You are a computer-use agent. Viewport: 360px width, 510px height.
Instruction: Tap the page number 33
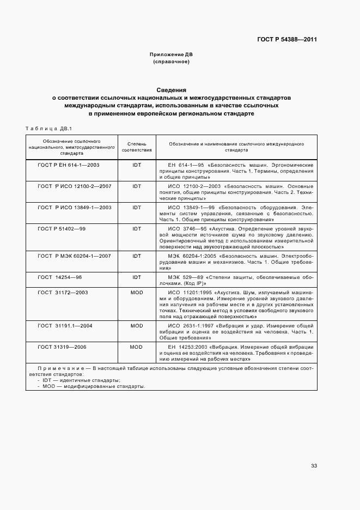pos(314,465)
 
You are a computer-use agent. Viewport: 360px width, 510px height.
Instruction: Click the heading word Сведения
pos(172,90)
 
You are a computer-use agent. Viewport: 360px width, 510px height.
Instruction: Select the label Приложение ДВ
pos(172,55)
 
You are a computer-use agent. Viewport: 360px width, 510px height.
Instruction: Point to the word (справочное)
pos(172,62)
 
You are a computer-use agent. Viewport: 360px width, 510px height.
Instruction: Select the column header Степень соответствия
pos(137,147)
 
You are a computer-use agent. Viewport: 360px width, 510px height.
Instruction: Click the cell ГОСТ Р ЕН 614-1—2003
pos(69,164)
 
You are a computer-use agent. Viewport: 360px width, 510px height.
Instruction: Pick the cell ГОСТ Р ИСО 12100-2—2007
pos(75,186)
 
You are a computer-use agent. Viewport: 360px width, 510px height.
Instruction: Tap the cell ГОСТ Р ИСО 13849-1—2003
pos(75,208)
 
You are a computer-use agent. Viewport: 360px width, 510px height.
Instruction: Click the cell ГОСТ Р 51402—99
pos(62,229)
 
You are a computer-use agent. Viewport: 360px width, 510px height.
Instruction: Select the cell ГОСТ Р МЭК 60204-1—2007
pos(75,256)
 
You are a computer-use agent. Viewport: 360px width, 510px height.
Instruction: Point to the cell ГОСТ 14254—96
pos(60,277)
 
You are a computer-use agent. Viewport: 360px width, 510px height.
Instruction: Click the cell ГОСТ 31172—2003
pos(63,293)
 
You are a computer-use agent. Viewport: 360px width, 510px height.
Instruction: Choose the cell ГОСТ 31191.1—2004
pos(65,325)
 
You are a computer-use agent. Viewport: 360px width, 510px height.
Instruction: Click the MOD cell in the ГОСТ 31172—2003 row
pos(137,293)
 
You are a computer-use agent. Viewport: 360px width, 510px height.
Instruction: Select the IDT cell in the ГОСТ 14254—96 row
pos(137,277)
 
